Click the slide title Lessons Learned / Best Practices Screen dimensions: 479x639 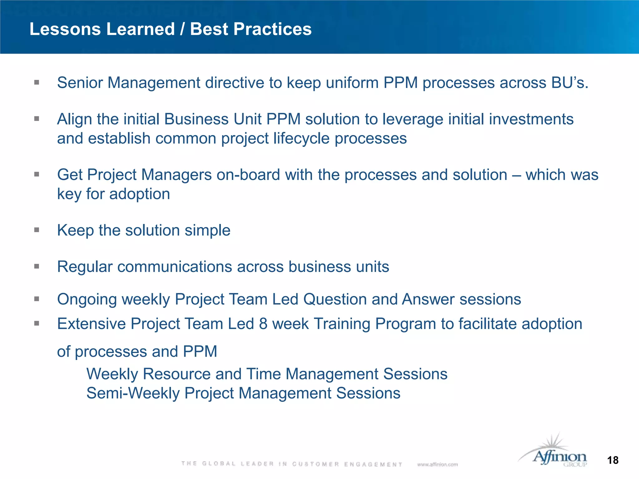170,29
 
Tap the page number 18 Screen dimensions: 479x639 613,460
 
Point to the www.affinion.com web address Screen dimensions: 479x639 437,464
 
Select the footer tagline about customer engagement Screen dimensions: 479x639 292,464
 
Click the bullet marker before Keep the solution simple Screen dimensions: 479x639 37,230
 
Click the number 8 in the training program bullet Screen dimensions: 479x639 263,324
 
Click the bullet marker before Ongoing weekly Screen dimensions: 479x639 37,299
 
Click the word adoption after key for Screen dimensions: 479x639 139,194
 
